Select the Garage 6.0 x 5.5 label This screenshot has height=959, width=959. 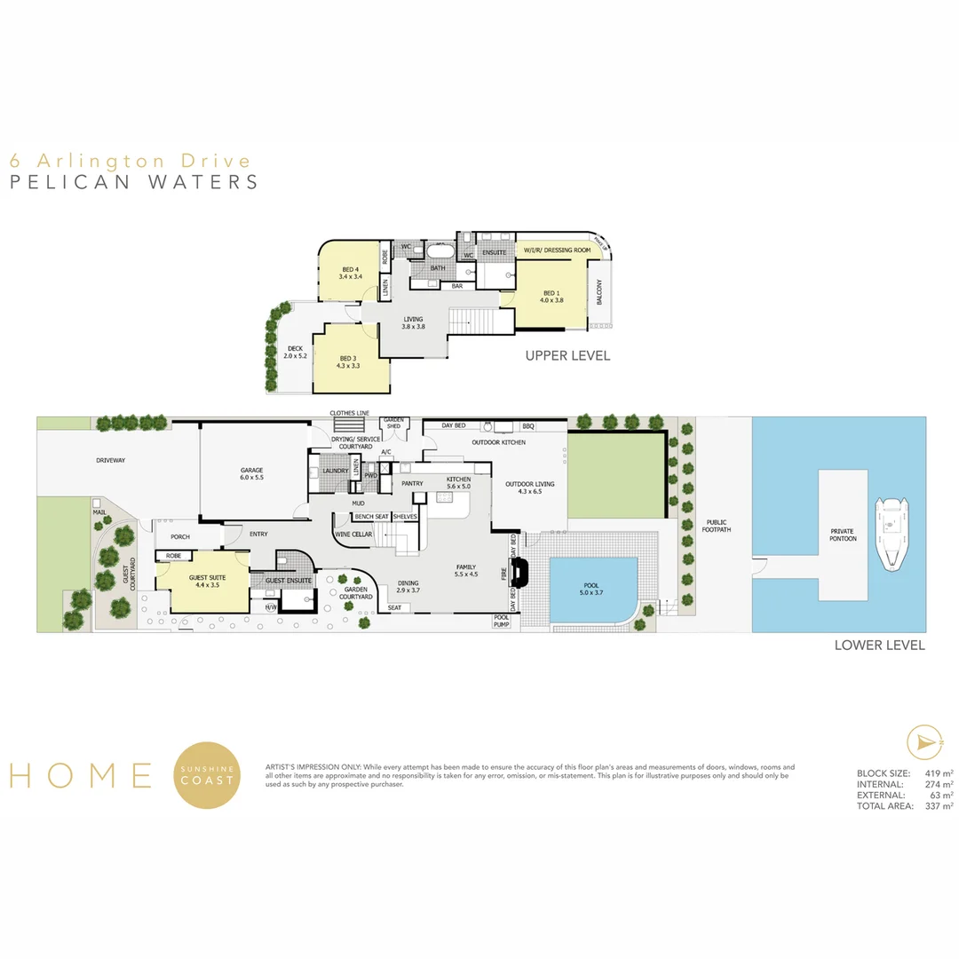click(252, 473)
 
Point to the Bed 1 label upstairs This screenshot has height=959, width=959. click(551, 297)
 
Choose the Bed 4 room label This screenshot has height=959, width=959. click(350, 273)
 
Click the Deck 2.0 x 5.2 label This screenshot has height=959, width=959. click(294, 352)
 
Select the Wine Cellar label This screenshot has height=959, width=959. click(353, 535)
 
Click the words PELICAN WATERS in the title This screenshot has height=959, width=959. click(133, 182)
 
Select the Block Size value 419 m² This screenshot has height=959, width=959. click(938, 773)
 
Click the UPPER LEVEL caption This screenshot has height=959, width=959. click(567, 355)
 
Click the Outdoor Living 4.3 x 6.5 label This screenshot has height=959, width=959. click(529, 488)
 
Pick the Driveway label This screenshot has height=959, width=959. click(112, 460)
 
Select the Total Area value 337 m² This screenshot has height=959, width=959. click(938, 806)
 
